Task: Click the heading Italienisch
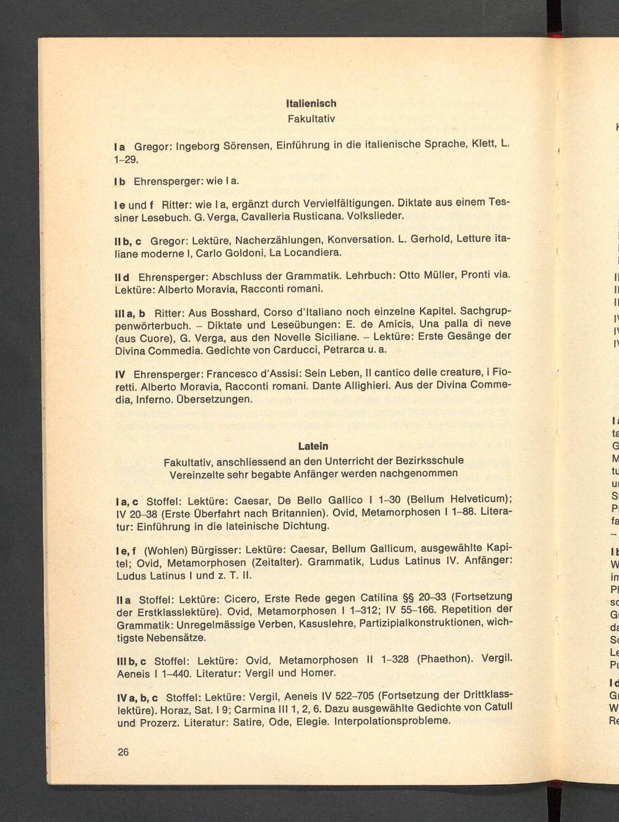[x=311, y=103]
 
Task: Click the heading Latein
[x=313, y=446]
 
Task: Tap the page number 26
[x=123, y=751]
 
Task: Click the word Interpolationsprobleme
[x=392, y=721]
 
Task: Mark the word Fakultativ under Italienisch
[x=311, y=118]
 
